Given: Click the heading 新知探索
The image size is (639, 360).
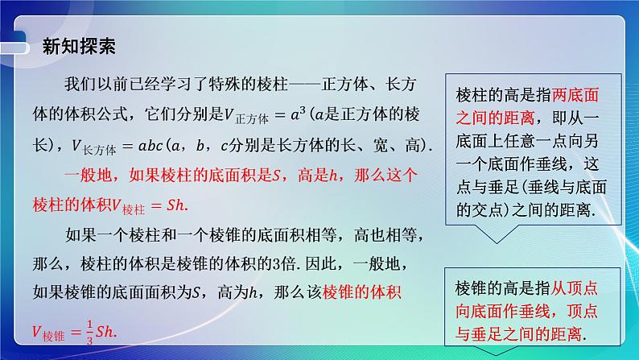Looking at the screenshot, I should click(x=79, y=45).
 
